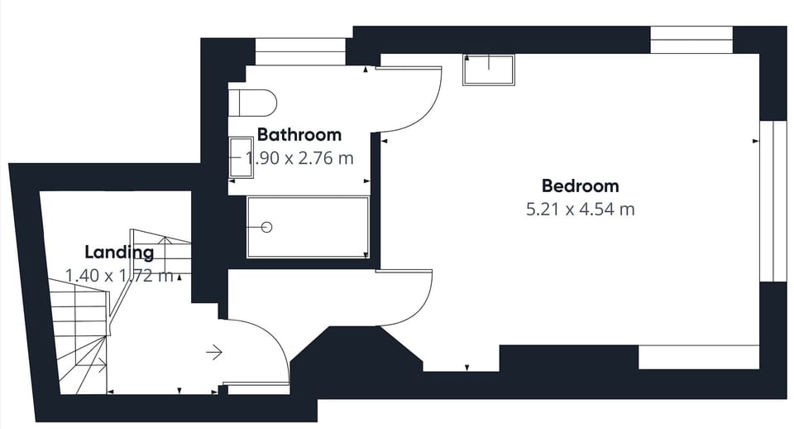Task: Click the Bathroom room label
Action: coord(299,135)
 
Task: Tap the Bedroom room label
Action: coord(581,186)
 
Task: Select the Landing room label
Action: coord(119,253)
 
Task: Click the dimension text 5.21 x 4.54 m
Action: coord(581,209)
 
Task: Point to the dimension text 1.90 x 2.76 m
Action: coord(299,158)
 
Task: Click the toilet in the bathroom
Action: coord(252,103)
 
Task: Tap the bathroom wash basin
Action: coord(241,157)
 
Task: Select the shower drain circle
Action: coord(267,227)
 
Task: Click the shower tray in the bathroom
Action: coord(308,227)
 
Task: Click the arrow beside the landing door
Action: coord(214,351)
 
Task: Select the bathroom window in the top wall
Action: coord(299,51)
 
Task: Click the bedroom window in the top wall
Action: coord(691,40)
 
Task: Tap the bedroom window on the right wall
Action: coord(772,201)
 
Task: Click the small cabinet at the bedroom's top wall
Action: coord(489,70)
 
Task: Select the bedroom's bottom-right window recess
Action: coord(699,357)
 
